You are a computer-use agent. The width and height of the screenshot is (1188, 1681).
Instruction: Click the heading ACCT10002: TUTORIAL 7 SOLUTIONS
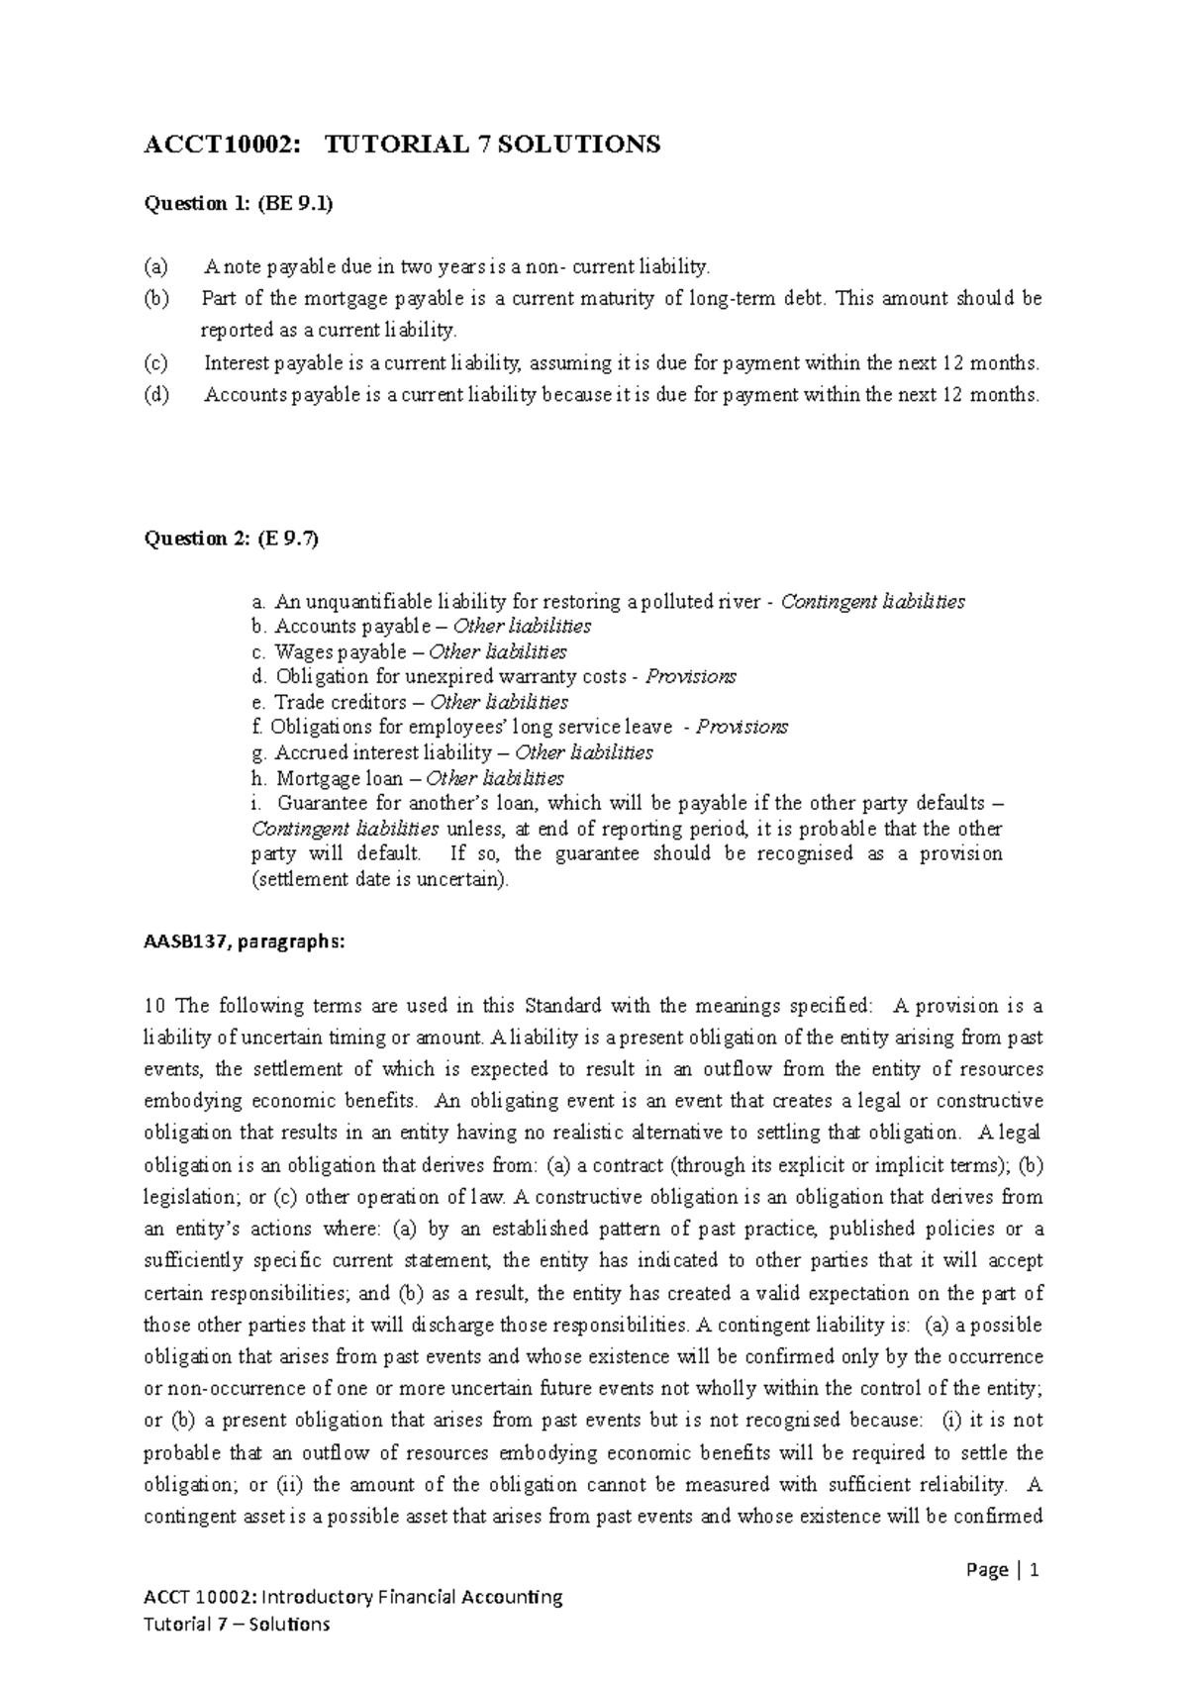pos(402,146)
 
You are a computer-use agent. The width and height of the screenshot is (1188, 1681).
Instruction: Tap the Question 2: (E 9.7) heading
pos(233,539)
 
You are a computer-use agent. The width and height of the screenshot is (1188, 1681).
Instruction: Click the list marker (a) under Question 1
pos(156,266)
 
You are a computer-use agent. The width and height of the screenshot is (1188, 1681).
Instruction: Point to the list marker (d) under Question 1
pos(156,395)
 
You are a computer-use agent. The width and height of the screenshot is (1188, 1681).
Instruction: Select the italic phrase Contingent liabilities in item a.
pos(872,602)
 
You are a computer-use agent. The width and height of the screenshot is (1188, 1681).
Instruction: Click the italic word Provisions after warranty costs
pos(690,677)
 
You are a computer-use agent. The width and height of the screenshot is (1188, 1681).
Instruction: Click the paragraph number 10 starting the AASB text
pos(153,1007)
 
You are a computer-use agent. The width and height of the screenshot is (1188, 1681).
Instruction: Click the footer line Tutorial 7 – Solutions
pos(237,1625)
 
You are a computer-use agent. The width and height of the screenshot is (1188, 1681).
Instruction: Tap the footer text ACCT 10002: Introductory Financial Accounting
pos(352,1597)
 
